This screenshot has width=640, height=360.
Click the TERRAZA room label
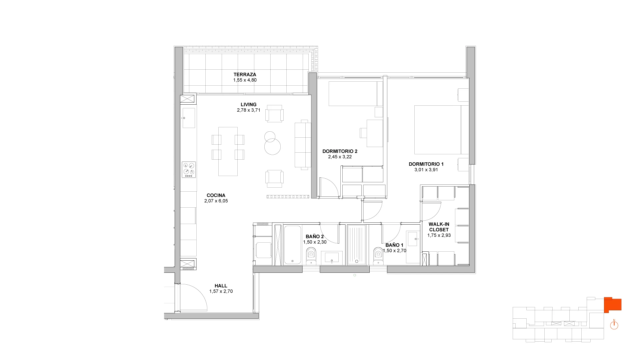245,74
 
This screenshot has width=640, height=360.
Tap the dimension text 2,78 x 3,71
248,110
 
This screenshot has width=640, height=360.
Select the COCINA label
216,195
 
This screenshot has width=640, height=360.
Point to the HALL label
221,286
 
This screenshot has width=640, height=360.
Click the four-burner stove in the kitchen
189,170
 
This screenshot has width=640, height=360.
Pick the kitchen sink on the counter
189,118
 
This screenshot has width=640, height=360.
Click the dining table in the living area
228,151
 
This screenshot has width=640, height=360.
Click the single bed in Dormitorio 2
356,93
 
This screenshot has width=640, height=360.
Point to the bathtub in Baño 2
292,245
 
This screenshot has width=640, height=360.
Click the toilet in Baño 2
311,256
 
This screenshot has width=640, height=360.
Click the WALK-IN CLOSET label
439,227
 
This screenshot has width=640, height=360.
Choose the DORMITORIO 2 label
340,151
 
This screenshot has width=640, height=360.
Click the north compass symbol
614,325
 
